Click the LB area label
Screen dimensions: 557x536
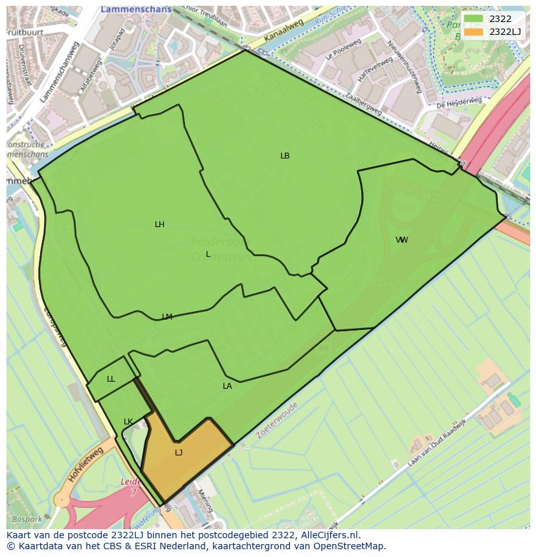(285, 156)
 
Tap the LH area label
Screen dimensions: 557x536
(159, 224)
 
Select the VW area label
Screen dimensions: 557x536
(402, 240)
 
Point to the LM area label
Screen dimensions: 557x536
(167, 317)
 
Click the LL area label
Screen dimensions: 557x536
(111, 379)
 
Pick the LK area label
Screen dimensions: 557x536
(128, 422)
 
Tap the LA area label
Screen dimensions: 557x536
(227, 386)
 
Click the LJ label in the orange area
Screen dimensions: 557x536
(179, 453)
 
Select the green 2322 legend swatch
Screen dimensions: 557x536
(474, 19)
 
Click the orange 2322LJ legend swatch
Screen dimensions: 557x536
(474, 32)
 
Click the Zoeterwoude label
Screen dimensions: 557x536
(277, 420)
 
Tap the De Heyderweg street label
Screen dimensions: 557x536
(459, 103)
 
